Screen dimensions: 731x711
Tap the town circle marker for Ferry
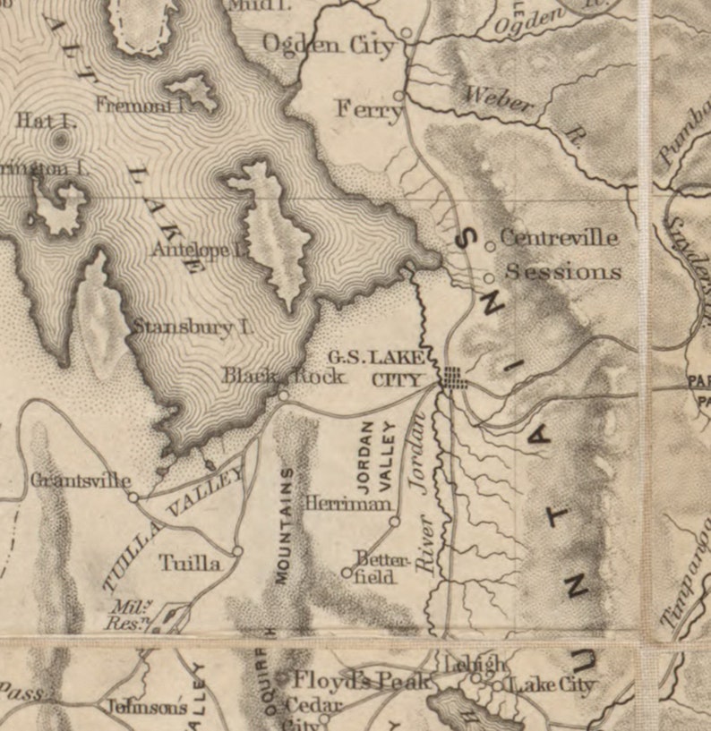point(399,94)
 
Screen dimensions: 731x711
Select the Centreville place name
point(559,238)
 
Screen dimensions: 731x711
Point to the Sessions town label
point(563,271)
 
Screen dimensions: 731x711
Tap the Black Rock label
point(283,377)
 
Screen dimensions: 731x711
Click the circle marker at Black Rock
point(283,395)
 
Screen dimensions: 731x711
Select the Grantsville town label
point(81,480)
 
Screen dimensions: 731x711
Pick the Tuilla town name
point(190,563)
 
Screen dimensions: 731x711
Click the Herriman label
point(348,504)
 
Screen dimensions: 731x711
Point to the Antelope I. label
point(199,251)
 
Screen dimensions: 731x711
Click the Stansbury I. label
point(193,327)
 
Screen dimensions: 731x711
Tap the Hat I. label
point(35,118)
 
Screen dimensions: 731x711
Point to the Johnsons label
point(147,707)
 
